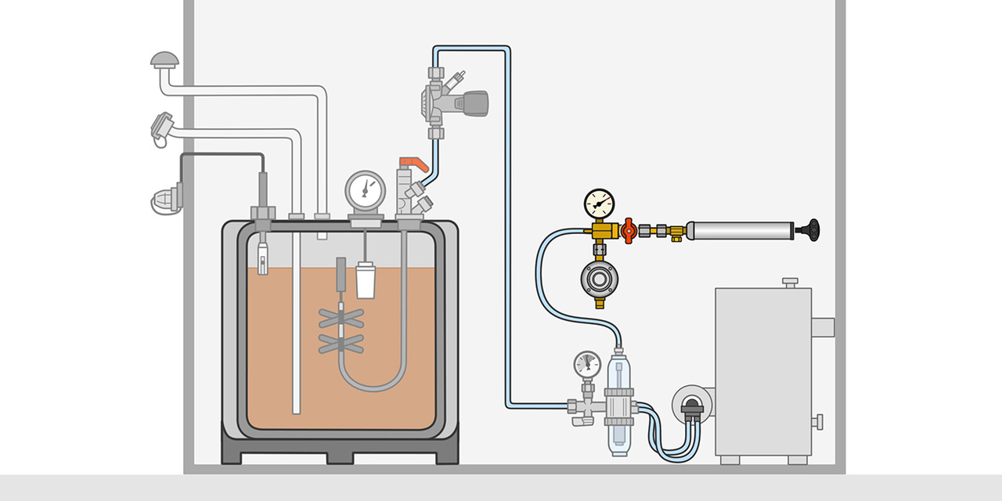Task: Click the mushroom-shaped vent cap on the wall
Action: [x=164, y=59]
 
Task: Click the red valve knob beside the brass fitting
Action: [x=628, y=230]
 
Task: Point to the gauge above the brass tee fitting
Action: [x=600, y=204]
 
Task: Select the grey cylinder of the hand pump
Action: [x=741, y=230]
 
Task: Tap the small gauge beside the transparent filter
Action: [x=587, y=364]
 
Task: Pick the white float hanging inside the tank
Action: [x=366, y=282]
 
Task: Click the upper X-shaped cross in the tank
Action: [x=341, y=318]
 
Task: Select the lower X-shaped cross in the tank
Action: [x=341, y=342]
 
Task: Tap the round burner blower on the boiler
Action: [x=692, y=404]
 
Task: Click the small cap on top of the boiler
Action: [x=790, y=281]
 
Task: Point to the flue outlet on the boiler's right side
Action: [x=823, y=326]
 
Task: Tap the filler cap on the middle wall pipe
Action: [x=161, y=127]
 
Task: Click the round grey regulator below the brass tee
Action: [x=600, y=279]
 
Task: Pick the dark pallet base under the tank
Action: [x=340, y=448]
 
